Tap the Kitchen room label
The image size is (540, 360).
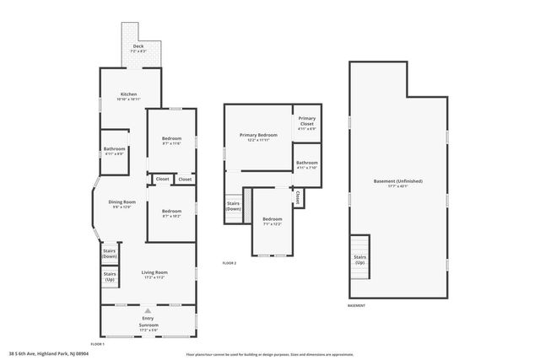tap(128, 94)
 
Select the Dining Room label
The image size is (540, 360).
tap(122, 201)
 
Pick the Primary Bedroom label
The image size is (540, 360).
tap(258, 135)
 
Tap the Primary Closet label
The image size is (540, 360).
tap(306, 121)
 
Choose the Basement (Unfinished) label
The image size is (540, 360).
tap(397, 181)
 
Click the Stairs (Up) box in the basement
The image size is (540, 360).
tap(359, 260)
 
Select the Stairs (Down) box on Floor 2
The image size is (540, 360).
tap(234, 207)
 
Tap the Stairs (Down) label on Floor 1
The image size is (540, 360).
tap(110, 253)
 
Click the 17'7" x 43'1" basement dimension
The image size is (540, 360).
tap(397, 187)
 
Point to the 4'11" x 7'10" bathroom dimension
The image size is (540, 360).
tap(306, 167)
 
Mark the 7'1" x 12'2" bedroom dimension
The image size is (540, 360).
tap(273, 223)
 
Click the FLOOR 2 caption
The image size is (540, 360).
tap(229, 263)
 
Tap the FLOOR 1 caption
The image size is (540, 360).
tap(97, 344)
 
